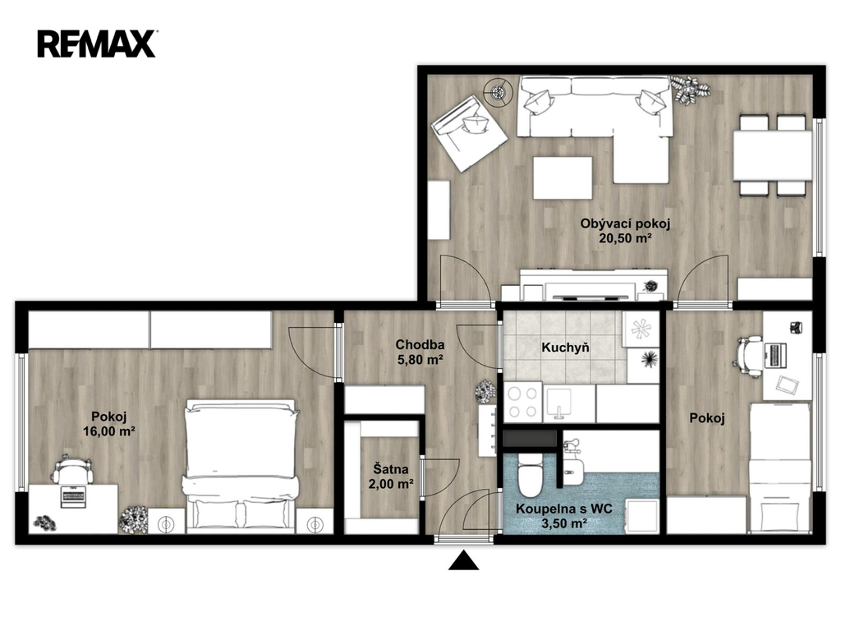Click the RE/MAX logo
97,44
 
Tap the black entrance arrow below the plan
463,560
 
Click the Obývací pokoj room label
625,223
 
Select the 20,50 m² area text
625,239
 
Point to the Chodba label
420,345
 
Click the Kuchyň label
565,348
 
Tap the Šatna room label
391,469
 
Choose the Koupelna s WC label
563,509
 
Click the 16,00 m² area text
109,431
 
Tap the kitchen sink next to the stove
558,403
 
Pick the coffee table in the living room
563,177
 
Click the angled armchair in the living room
469,133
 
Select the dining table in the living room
772,155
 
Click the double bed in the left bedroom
241,466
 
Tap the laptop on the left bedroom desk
73,496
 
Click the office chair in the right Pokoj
749,355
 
